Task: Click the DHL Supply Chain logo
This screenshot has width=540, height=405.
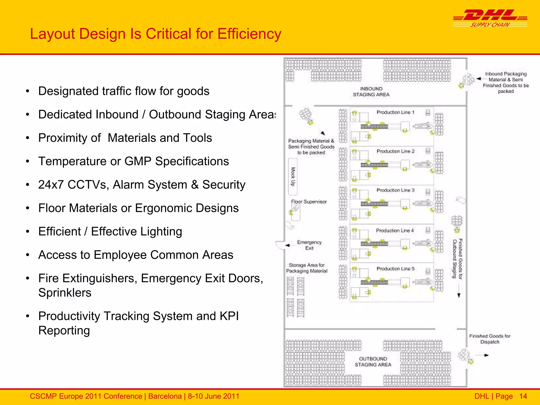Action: click(x=490, y=18)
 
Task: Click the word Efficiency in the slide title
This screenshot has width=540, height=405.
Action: click(x=249, y=34)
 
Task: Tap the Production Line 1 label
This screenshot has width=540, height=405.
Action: click(x=395, y=112)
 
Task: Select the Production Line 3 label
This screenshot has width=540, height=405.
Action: click(x=395, y=190)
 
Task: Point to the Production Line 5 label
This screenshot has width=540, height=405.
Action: click(x=395, y=269)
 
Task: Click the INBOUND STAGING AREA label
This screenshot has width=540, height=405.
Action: click(x=371, y=92)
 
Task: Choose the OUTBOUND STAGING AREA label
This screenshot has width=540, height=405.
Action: click(x=373, y=362)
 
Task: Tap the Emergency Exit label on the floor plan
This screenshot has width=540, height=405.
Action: click(x=309, y=245)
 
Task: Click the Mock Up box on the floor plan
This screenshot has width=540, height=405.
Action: click(x=293, y=176)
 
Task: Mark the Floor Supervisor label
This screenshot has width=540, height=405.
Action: click(x=309, y=202)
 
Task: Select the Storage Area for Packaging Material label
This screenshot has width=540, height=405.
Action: click(x=307, y=268)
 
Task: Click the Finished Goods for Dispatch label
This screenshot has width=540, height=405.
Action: click(x=490, y=339)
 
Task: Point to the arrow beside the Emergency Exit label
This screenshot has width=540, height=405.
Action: click(x=287, y=245)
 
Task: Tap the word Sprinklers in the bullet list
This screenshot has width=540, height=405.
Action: click(x=65, y=293)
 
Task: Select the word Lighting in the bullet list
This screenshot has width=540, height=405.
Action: click(x=161, y=232)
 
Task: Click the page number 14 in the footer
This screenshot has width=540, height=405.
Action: click(x=523, y=396)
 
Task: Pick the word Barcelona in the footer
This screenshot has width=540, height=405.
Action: click(x=165, y=396)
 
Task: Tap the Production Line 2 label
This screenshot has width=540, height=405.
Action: click(x=395, y=151)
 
